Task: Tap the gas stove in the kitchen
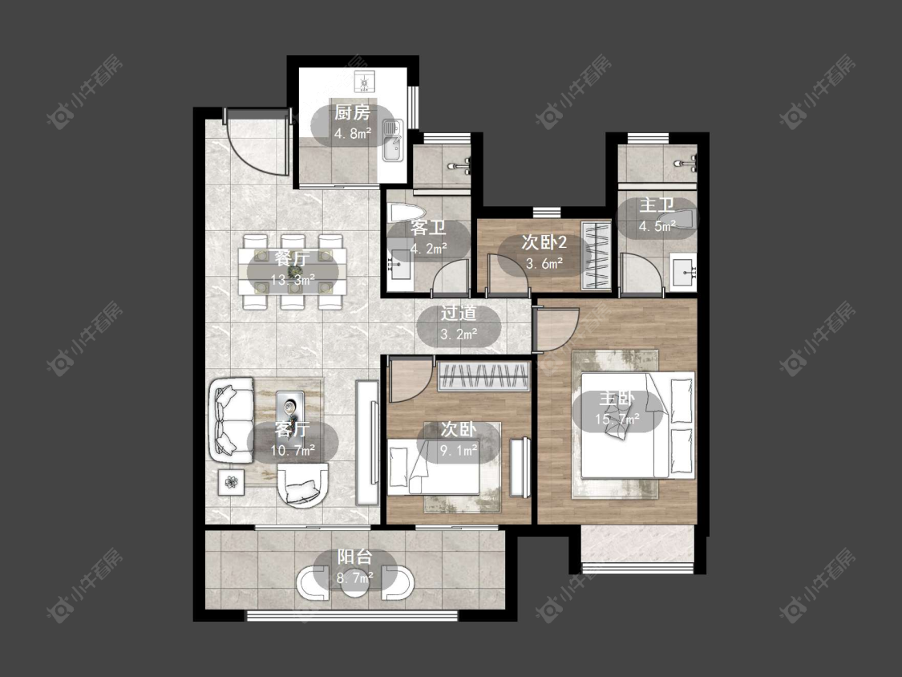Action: (364, 82)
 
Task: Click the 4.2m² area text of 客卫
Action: (429, 249)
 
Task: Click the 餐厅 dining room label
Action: (292, 258)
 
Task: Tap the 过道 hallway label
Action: (459, 313)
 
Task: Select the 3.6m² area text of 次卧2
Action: (544, 264)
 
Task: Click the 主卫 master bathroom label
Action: (657, 205)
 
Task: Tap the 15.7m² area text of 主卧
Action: (617, 419)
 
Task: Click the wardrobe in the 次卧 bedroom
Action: (483, 376)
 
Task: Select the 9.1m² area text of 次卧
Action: (459, 450)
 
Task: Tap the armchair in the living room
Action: (302, 486)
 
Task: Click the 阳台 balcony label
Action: (354, 557)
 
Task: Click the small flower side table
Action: (231, 482)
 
